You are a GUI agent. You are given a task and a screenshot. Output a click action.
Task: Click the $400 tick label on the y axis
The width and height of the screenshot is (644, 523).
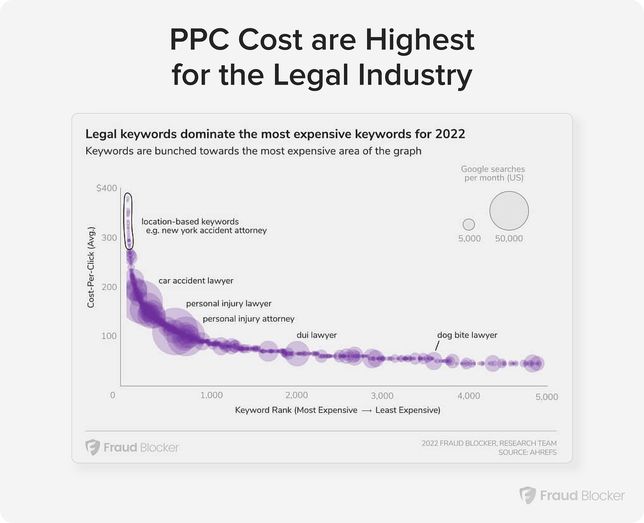pyautogui.click(x=107, y=188)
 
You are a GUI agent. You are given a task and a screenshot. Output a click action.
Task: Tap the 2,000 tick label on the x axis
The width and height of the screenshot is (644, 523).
pyautogui.click(x=297, y=395)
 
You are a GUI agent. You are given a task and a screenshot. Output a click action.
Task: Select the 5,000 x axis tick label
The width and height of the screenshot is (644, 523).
pyautogui.click(x=547, y=397)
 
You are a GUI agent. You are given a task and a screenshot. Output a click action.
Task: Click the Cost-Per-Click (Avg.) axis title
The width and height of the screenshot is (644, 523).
pyautogui.click(x=91, y=267)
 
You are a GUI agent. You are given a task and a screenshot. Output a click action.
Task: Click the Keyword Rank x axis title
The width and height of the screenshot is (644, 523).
pyautogui.click(x=337, y=410)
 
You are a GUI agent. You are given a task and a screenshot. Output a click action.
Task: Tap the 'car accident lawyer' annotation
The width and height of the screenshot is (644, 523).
pyautogui.click(x=196, y=280)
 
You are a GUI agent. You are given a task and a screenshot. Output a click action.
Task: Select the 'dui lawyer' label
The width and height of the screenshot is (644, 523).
pyautogui.click(x=317, y=335)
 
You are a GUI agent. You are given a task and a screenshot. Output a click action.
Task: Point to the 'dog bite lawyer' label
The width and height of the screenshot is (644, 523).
pyautogui.click(x=467, y=335)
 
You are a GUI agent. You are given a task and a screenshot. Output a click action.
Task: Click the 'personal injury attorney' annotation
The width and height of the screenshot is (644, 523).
pyautogui.click(x=249, y=319)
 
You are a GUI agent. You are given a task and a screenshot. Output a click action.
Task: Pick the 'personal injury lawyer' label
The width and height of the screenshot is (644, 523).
pyautogui.click(x=229, y=304)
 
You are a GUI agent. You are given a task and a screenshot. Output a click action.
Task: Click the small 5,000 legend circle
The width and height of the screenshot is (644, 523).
pyautogui.click(x=469, y=224)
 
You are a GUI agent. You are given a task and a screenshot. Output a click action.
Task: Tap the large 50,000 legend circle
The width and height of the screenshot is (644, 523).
pyautogui.click(x=509, y=211)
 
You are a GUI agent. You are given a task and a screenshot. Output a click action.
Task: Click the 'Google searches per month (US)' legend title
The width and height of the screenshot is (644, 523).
pyautogui.click(x=493, y=173)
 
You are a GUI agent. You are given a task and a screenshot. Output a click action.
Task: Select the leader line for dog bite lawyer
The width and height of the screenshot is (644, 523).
pyautogui.click(x=437, y=345)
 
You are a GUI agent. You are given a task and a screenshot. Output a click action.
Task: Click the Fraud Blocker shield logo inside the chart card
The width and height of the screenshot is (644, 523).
pyautogui.click(x=93, y=447)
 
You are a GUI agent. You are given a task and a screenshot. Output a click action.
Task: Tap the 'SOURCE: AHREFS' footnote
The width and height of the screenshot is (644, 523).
pyautogui.click(x=527, y=452)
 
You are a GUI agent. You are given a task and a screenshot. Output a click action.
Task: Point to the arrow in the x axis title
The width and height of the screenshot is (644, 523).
pyautogui.click(x=366, y=410)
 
